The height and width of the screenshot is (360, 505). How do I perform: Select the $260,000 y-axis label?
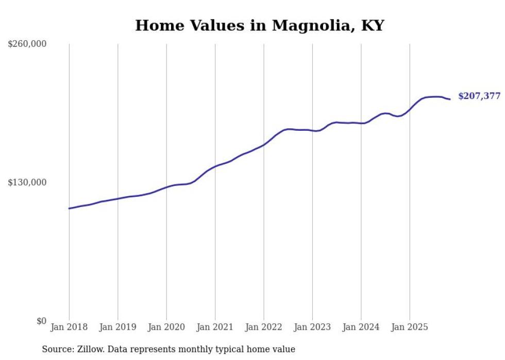27,44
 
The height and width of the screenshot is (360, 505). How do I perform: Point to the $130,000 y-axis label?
27,182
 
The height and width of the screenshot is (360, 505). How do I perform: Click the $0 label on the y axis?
41,321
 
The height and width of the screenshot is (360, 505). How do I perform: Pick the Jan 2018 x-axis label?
69,328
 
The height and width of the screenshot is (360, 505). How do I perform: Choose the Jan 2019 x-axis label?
118,328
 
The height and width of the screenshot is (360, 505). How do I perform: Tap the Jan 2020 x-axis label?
166,328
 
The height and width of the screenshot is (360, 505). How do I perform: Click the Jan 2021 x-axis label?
215,328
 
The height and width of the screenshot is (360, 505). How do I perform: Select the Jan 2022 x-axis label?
264,328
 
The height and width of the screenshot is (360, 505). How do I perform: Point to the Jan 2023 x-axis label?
312,328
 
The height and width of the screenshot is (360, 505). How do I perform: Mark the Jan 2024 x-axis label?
361,328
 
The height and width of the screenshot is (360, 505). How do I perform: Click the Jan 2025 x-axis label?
410,328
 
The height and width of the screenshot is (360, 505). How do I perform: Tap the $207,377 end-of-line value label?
479,96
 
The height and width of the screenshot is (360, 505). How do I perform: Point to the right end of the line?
450,99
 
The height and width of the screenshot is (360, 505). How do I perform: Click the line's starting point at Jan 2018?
69,209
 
